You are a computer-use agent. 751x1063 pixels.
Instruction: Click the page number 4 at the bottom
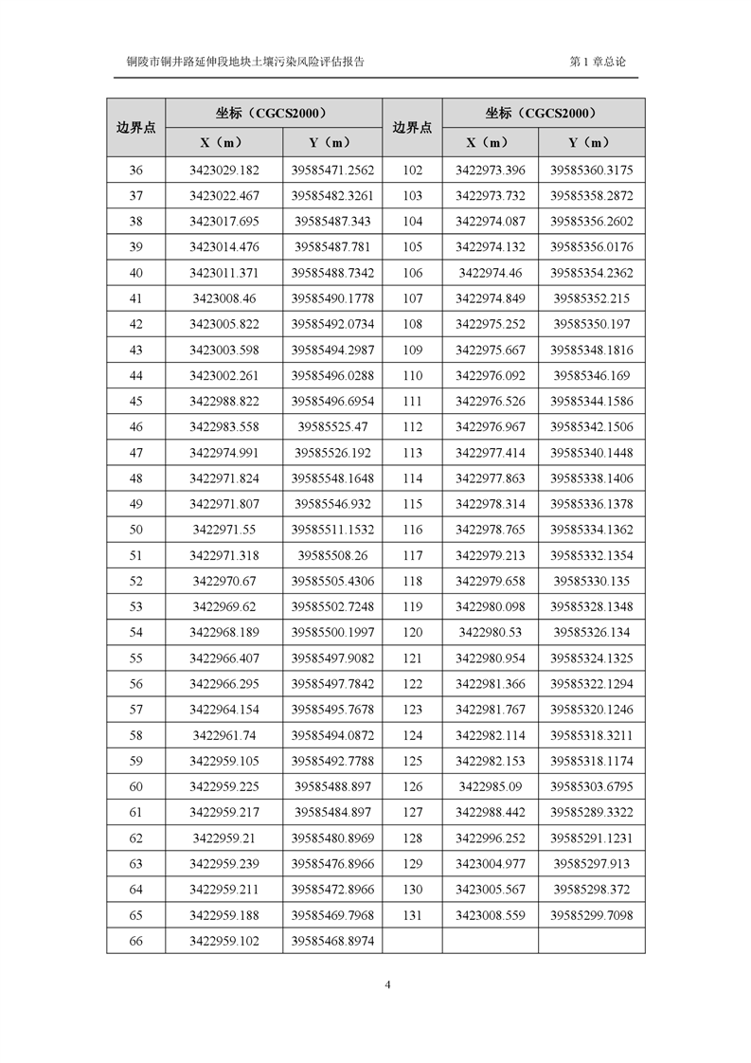coord(388,983)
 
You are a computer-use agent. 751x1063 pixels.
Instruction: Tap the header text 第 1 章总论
coord(598,62)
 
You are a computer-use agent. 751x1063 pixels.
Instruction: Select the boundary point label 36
coord(135,171)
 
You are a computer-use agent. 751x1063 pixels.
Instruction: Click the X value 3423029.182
coord(224,171)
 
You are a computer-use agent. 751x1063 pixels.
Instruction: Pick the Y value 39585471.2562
coord(332,171)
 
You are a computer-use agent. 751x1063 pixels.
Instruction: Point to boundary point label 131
coord(412,916)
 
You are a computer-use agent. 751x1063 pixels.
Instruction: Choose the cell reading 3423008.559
coord(490,916)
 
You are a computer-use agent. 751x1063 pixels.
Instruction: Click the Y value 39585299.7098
coord(591,916)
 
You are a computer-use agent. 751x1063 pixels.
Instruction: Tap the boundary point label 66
coord(135,942)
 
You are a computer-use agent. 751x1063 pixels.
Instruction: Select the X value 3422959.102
coord(224,942)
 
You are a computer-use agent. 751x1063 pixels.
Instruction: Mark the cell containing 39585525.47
coord(332,427)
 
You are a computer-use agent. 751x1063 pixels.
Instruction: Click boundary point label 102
coord(412,171)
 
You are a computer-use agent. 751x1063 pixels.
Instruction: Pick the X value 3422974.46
coord(490,273)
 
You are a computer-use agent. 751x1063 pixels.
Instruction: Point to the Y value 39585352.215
coord(591,298)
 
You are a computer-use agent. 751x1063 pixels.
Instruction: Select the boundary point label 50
coord(135,530)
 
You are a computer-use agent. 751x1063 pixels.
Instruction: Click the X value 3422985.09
coord(490,786)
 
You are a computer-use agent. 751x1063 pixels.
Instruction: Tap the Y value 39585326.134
coord(591,632)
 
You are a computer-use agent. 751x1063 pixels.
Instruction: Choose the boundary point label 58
coord(135,735)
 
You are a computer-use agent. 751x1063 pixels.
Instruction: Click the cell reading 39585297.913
coord(591,864)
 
